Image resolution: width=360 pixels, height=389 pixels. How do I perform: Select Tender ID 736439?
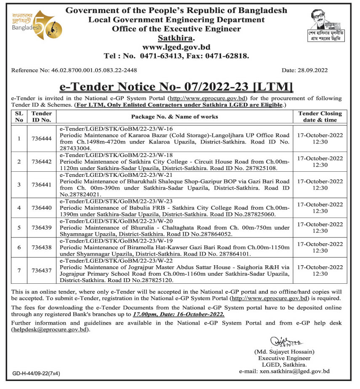(41, 228)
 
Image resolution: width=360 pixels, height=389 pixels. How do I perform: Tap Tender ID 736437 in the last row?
(41, 270)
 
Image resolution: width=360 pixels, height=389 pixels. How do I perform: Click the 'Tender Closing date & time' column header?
(320, 117)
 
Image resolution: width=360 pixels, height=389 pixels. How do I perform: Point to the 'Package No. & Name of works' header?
(174, 117)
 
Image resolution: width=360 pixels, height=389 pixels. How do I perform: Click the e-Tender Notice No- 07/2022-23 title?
(176, 87)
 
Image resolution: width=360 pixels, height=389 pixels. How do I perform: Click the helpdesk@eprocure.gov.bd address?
(51, 330)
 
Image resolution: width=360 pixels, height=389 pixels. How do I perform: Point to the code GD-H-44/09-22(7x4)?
(36, 373)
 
